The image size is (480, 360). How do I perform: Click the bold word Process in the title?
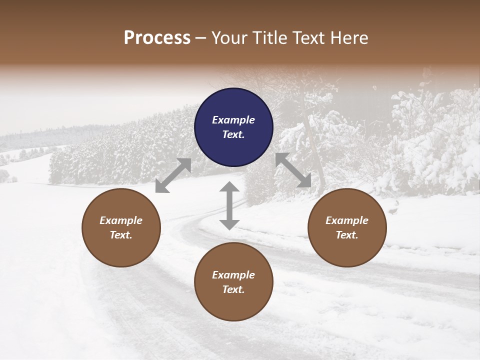[x=157, y=38]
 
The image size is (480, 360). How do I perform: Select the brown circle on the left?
[x=121, y=228]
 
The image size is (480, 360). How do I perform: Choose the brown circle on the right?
[x=347, y=228]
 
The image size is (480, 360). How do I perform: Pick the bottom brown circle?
[x=233, y=282]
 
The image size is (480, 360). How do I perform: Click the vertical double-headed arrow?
[x=229, y=205]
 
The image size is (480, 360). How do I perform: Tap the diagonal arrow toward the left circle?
[x=173, y=175]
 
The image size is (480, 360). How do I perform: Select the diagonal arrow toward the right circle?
[x=293, y=170]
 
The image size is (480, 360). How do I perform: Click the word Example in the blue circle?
[x=233, y=120]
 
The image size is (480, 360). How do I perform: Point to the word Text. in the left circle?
[x=121, y=235]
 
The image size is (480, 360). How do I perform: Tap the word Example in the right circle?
[x=347, y=220]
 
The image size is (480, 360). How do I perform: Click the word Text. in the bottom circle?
[x=233, y=289]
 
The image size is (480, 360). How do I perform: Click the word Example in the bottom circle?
[x=233, y=275]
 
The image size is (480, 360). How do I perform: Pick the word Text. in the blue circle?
[x=233, y=134]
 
